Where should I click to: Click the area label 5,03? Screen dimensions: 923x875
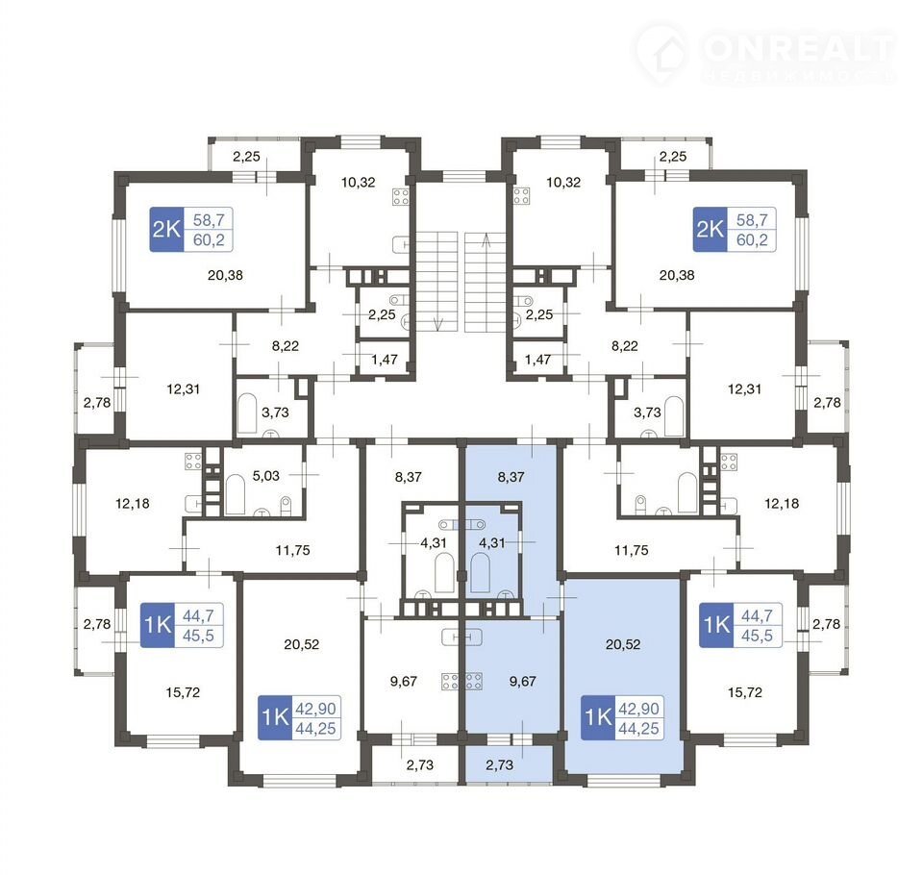(266, 475)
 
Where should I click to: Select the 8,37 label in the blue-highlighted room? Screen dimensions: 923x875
(511, 476)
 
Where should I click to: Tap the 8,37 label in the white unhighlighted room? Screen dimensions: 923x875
(408, 476)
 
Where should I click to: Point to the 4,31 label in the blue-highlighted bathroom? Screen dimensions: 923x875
(492, 542)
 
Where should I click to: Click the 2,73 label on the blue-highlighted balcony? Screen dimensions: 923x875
(500, 764)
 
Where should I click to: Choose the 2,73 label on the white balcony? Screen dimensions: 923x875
(420, 764)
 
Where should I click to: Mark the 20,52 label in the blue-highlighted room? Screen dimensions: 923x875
(623, 644)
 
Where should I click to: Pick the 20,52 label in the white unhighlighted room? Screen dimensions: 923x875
(301, 644)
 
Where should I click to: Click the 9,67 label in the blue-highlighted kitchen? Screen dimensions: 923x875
(523, 682)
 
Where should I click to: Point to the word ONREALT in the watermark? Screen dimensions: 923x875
(798, 47)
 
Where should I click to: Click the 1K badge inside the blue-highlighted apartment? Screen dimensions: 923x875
(598, 717)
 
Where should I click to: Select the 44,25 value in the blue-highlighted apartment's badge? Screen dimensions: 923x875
(638, 729)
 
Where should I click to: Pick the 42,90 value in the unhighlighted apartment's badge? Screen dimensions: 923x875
(315, 709)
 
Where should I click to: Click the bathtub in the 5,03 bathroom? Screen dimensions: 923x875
(236, 494)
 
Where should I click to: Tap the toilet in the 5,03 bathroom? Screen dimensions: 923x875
(287, 506)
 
